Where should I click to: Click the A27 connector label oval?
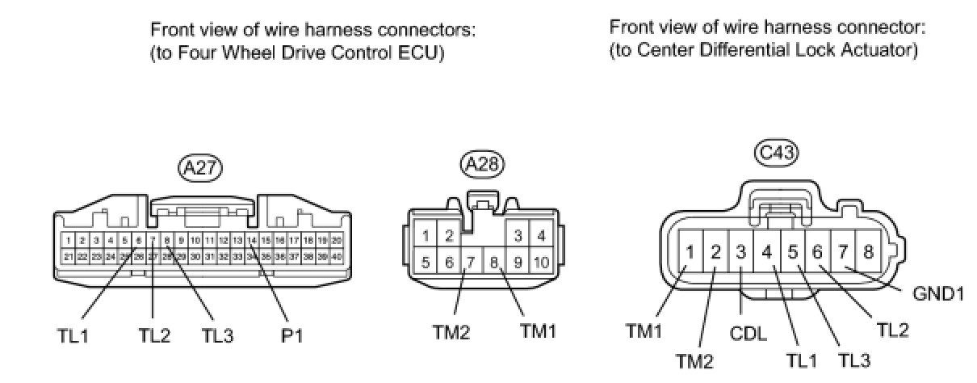(199, 167)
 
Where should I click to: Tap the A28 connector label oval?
(481, 165)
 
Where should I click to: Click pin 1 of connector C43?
(690, 251)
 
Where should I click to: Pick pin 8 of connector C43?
(868, 251)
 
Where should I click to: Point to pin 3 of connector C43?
(740, 251)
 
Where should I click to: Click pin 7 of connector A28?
(470, 262)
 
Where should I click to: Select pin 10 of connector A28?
(540, 262)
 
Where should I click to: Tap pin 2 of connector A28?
(448, 236)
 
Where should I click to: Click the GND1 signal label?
(939, 293)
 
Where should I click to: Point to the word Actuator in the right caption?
(885, 49)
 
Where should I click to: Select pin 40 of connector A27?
(337, 256)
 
